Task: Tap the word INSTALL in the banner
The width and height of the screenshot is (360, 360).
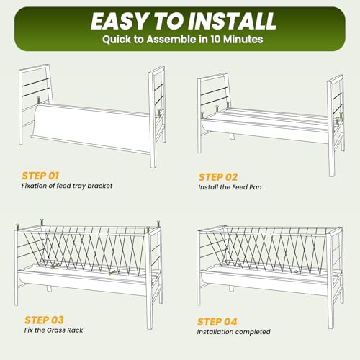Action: click(232, 21)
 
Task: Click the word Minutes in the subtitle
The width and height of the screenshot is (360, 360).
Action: click(243, 39)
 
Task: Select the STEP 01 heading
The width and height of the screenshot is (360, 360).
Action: click(40, 176)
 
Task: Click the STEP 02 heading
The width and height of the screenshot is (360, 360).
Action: click(218, 177)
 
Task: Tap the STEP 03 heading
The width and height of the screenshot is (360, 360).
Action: click(44, 320)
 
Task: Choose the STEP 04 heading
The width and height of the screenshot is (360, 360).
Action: click(217, 322)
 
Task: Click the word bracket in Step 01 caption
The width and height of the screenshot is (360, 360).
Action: click(100, 186)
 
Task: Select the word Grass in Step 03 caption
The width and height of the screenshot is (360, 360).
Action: click(55, 330)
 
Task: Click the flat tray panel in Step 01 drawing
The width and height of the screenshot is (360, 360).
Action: click(92, 127)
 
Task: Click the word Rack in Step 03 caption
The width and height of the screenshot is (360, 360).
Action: click(75, 330)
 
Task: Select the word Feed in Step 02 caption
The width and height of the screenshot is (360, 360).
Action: click(240, 187)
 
